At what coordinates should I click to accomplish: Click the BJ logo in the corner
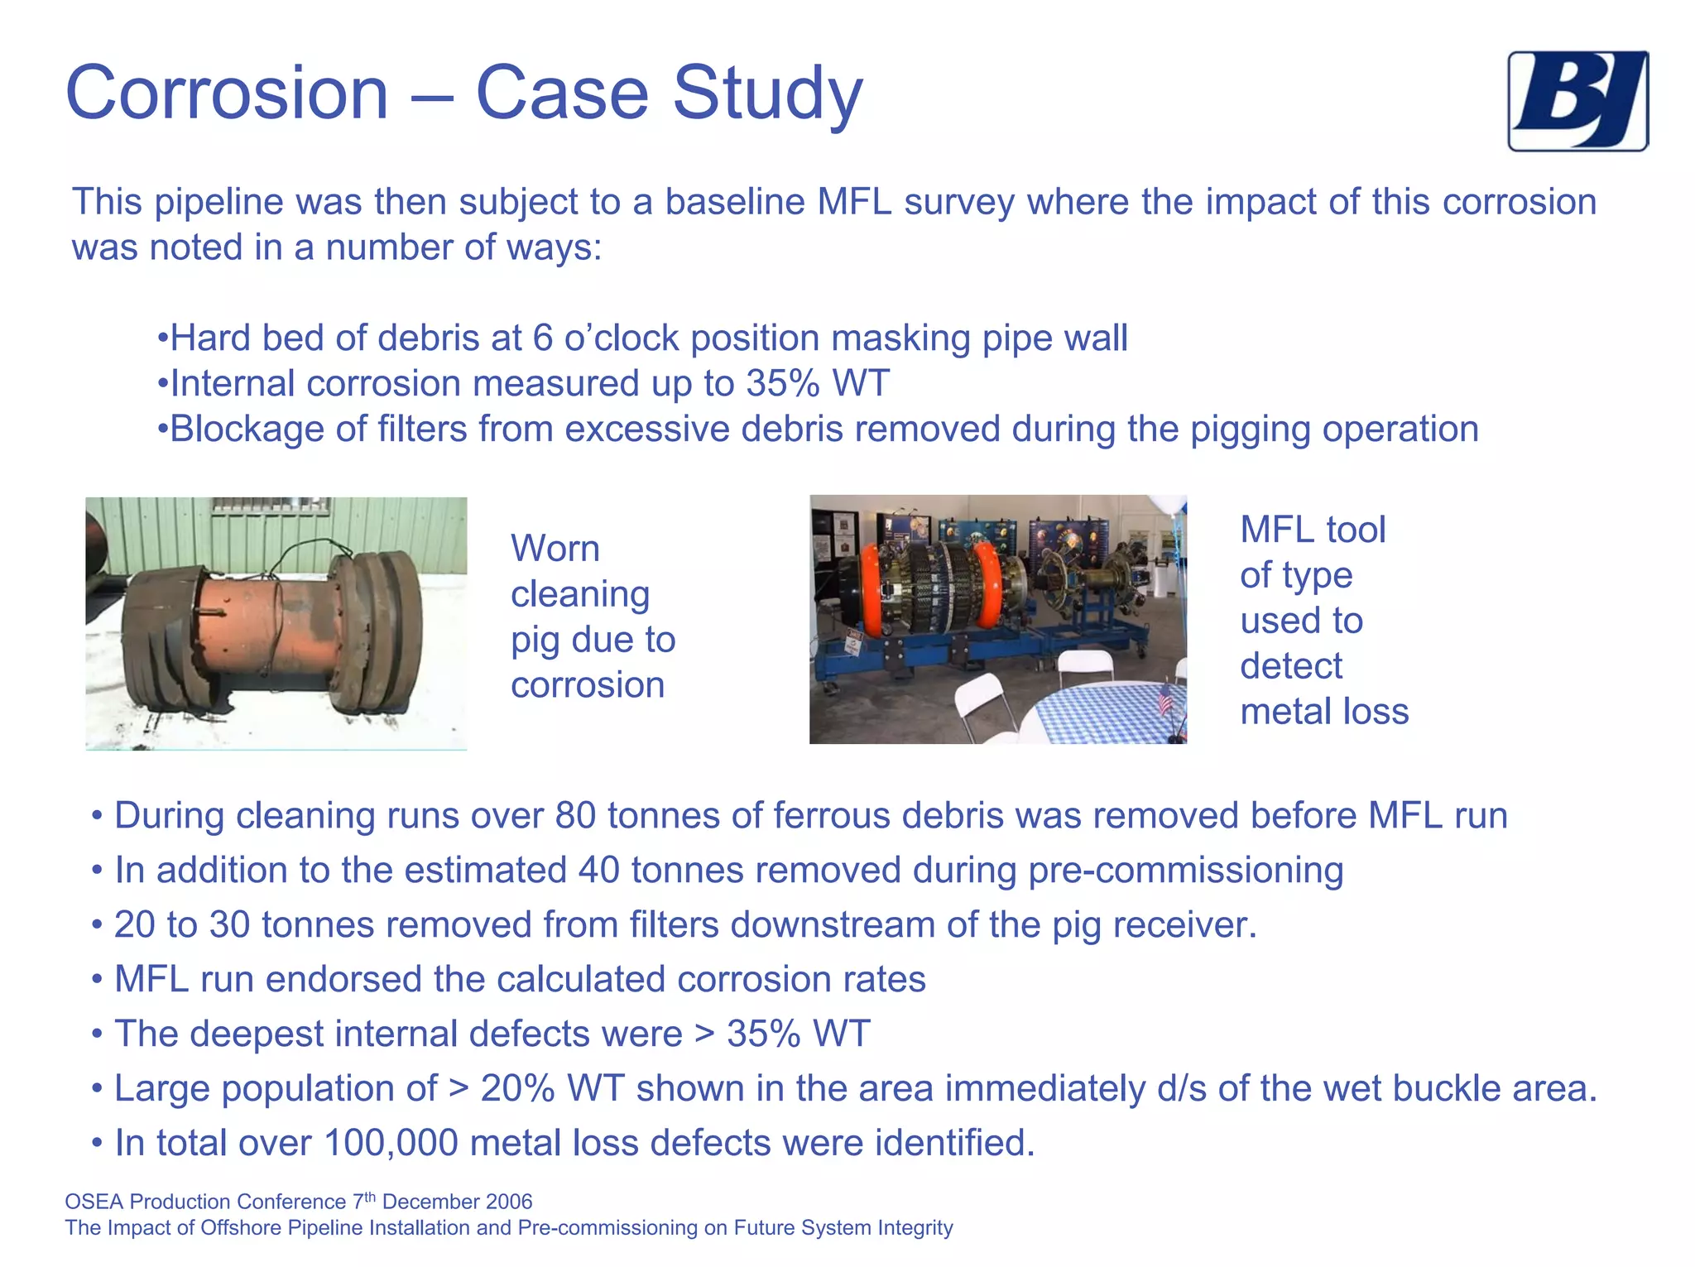coord(1577,101)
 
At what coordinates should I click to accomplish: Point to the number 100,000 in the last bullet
coord(391,1143)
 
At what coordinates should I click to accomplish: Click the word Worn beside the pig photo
coord(555,549)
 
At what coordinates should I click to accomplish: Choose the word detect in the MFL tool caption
coord(1290,666)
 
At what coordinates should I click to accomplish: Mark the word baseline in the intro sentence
coord(735,202)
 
